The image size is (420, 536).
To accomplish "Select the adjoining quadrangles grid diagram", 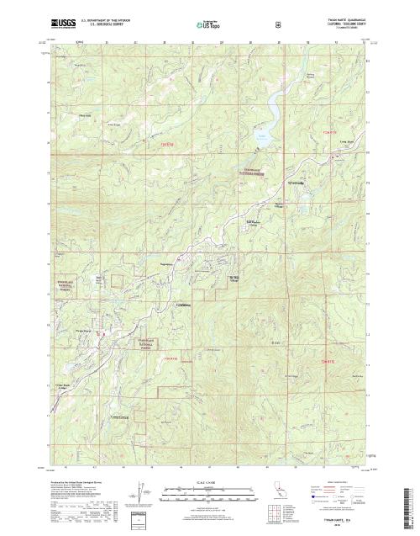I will (x=274, y=513).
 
